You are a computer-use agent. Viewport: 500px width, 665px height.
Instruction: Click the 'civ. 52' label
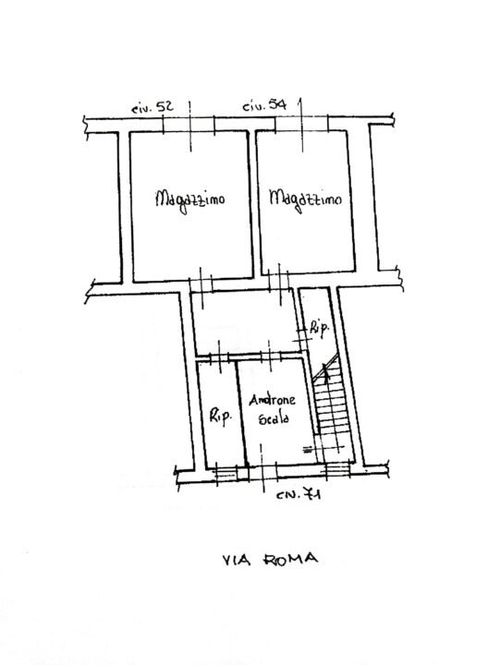152,107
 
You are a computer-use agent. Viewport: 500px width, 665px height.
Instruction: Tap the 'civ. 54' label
264,104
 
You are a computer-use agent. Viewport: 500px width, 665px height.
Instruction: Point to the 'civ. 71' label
299,494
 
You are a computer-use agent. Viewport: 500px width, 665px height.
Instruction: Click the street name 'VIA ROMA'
270,559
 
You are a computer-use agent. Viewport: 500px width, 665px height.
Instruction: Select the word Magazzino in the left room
189,201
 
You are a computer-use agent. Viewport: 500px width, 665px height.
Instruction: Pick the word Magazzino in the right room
305,199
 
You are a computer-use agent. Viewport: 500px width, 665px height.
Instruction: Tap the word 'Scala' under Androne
274,418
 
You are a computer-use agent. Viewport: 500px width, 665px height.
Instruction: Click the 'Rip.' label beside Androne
221,417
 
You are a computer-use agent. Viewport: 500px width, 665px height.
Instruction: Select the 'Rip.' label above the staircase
319,328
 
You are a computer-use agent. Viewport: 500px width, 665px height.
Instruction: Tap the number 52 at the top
165,106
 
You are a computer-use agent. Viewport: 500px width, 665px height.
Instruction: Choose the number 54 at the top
278,104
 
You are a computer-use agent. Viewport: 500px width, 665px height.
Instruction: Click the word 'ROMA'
291,559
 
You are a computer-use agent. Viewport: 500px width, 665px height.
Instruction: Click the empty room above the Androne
246,322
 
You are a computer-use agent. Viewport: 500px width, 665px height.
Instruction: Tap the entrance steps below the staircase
337,470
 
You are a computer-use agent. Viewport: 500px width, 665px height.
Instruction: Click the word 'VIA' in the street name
237,560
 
